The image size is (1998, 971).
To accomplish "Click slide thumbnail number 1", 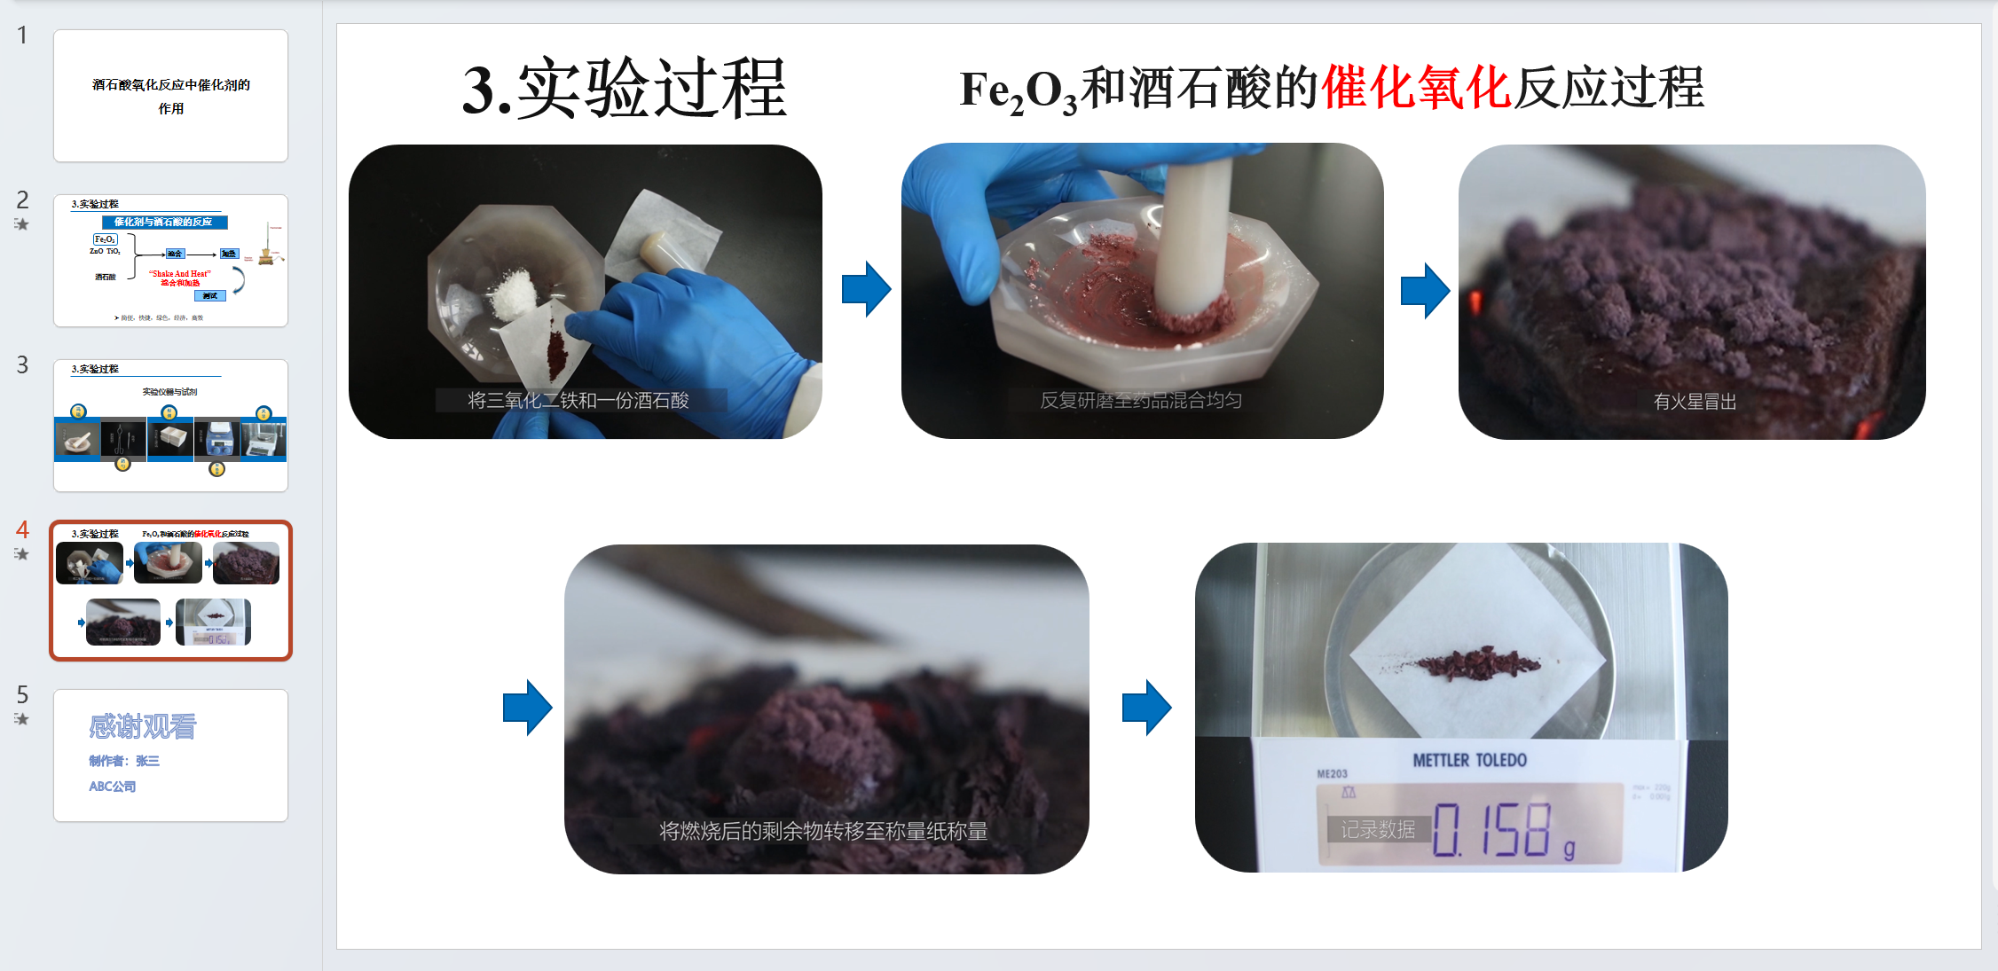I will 170,96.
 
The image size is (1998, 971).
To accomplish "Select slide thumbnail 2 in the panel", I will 170,261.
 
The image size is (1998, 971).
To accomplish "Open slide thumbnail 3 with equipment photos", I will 170,426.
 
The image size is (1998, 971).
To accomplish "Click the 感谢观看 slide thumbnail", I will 170,756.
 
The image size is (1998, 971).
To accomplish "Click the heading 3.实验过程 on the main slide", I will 624,89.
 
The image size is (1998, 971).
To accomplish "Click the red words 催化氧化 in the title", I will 1415,88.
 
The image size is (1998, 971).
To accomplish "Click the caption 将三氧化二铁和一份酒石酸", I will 578,401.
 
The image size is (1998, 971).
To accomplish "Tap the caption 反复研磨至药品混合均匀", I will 1141,401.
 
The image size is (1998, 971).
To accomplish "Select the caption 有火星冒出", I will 1695,402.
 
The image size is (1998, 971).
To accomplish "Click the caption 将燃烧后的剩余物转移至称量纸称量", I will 823,832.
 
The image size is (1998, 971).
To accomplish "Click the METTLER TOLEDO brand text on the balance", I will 1469,761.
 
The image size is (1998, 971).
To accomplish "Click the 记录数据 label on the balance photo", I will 1378,830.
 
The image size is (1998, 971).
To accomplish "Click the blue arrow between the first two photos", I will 866,289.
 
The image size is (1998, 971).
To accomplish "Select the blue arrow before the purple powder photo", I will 1425,290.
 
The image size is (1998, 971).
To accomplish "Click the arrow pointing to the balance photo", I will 1146,708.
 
